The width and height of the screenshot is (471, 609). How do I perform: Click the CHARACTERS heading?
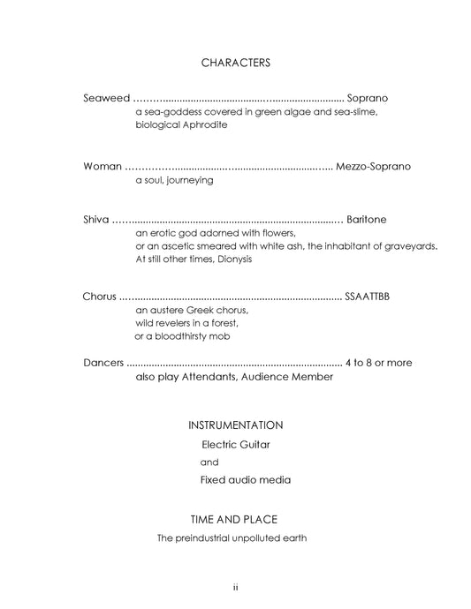coord(235,63)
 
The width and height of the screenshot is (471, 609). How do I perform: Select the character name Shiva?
coord(96,219)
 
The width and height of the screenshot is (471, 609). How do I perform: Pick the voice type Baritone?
coord(367,219)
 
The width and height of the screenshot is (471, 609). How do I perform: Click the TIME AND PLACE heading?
coord(235,519)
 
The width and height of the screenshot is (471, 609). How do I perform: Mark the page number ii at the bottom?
coord(235,587)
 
